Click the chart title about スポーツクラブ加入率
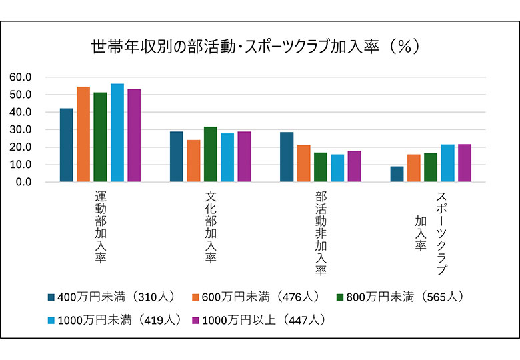click(x=254, y=47)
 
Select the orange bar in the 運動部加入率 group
click(x=83, y=134)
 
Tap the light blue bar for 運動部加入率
click(x=117, y=133)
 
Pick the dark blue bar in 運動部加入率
click(x=66, y=145)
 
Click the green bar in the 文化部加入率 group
click(x=211, y=154)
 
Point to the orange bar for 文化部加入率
click(x=193, y=161)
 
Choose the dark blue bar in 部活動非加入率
click(x=287, y=157)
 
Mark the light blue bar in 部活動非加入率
click(x=337, y=168)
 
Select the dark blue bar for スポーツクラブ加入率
click(x=397, y=174)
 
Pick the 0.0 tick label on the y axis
click(x=23, y=182)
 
